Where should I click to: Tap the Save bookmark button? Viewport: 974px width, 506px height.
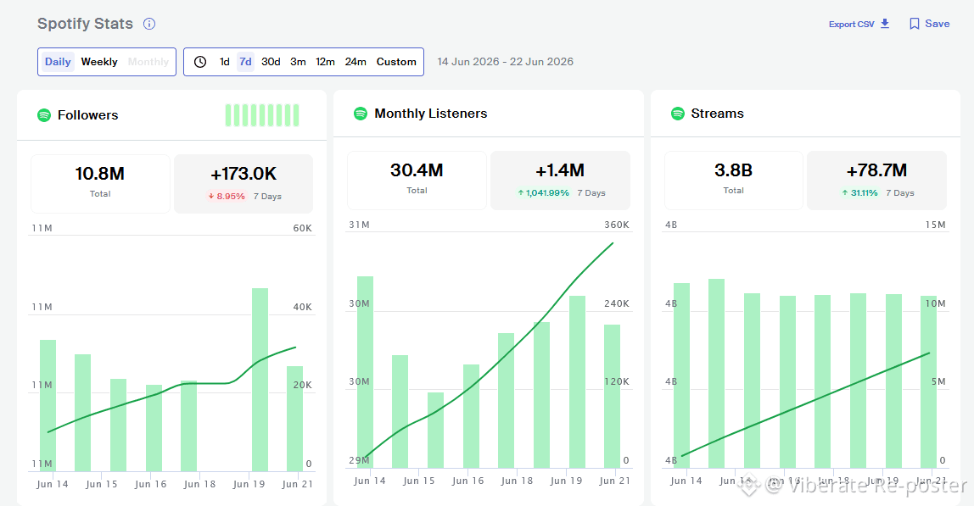[x=929, y=24]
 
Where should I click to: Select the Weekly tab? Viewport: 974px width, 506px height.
[x=99, y=62]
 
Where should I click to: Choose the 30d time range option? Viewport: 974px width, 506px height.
[x=271, y=62]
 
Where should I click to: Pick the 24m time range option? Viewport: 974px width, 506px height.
[x=355, y=62]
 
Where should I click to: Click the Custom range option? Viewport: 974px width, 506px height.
[x=396, y=62]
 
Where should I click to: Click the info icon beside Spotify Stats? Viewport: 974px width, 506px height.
[x=149, y=24]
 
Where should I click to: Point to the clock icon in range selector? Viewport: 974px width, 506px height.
[x=200, y=62]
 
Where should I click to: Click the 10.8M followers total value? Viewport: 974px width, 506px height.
[x=100, y=174]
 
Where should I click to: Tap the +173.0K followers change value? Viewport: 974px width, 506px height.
[x=243, y=174]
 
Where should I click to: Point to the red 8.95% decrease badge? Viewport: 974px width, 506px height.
[x=226, y=196]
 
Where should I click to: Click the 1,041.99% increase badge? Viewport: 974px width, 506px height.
[x=543, y=192]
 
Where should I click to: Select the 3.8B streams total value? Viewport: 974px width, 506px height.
[x=734, y=170]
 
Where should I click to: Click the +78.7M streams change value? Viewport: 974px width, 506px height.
[x=876, y=170]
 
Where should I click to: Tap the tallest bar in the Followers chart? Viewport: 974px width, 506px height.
[x=260, y=380]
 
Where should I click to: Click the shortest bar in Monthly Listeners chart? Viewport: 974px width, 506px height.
[x=435, y=431]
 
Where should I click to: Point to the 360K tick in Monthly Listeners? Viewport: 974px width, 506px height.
[x=617, y=225]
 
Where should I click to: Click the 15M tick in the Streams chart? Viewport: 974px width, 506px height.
[x=936, y=225]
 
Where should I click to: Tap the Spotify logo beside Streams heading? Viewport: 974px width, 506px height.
[x=678, y=114]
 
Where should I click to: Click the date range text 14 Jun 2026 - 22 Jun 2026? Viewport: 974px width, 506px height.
[x=505, y=62]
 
